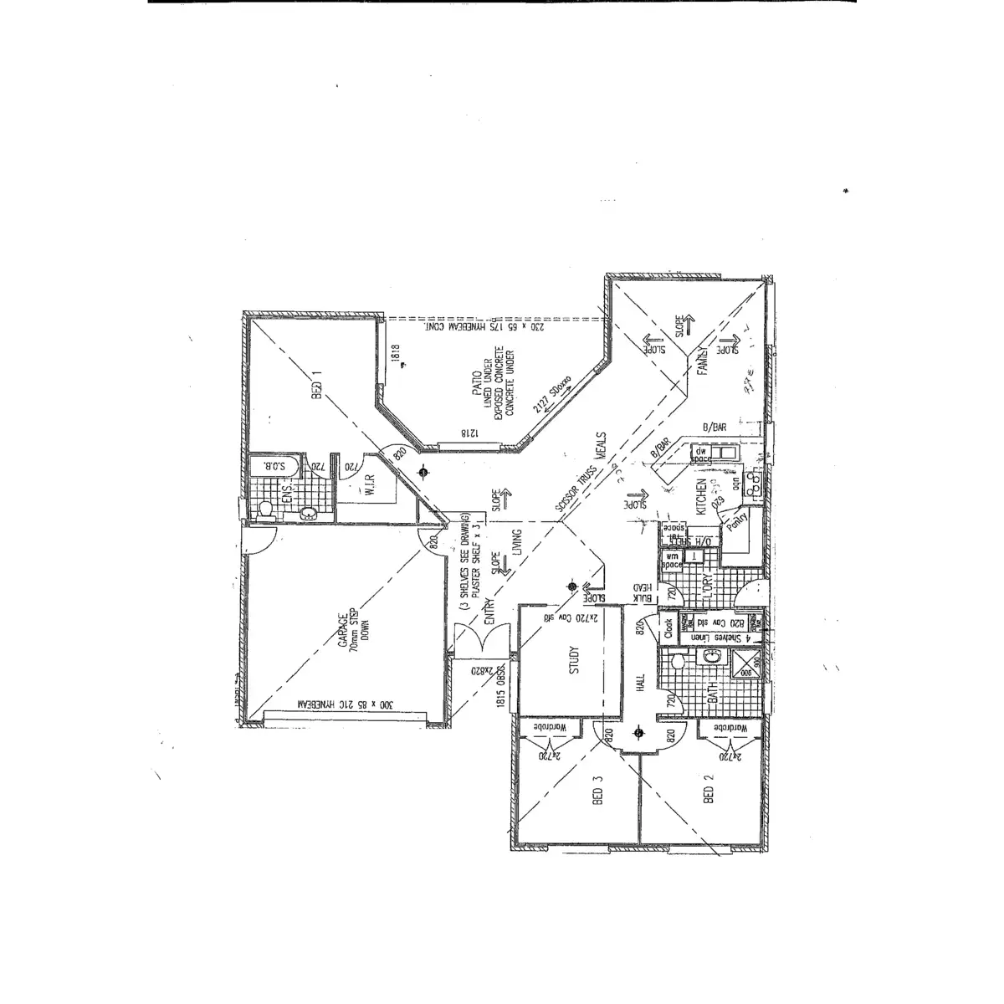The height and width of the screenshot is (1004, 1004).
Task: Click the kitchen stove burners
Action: click(753, 481)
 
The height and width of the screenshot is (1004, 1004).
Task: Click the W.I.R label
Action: click(366, 483)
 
